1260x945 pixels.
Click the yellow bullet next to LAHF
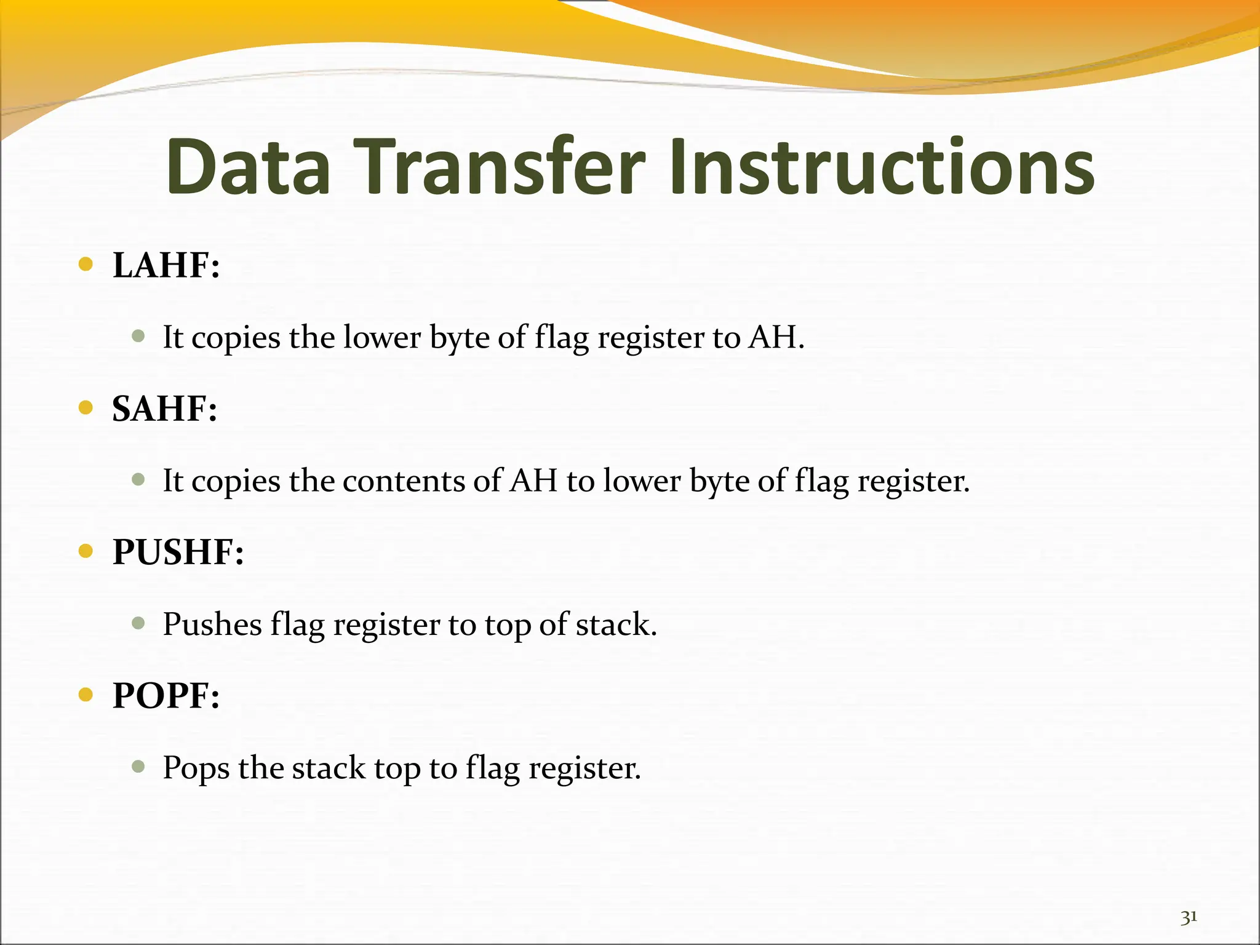pyautogui.click(x=86, y=265)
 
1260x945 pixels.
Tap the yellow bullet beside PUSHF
pyautogui.click(x=86, y=551)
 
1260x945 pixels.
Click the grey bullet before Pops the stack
pyautogui.click(x=138, y=767)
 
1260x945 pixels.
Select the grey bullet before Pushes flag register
pyautogui.click(x=138, y=623)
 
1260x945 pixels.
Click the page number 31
pyautogui.click(x=1189, y=917)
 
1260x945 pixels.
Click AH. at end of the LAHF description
pyautogui.click(x=776, y=337)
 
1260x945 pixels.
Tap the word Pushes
pyautogui.click(x=212, y=624)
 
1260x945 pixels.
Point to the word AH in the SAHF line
pyautogui.click(x=534, y=481)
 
